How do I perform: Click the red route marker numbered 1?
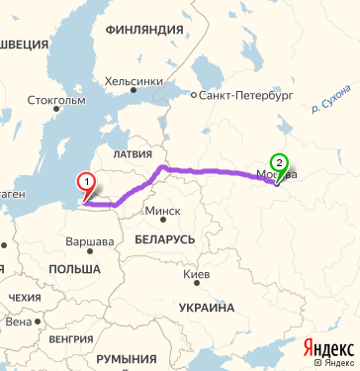pyautogui.click(x=87, y=182)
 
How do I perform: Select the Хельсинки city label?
pyautogui.click(x=134, y=81)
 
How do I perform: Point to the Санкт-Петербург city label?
pyautogui.click(x=246, y=97)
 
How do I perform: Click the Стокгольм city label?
pyautogui.click(x=57, y=100)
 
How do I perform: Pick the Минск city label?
pyautogui.click(x=162, y=212)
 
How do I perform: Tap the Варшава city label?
pyautogui.click(x=89, y=241)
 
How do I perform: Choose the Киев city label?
pyautogui.click(x=197, y=274)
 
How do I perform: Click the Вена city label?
pyautogui.click(x=18, y=322)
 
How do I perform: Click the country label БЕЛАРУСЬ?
pyautogui.click(x=161, y=240)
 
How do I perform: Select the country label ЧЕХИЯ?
pyautogui.click(x=25, y=298)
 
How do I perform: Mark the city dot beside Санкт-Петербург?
pyautogui.click(x=194, y=97)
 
